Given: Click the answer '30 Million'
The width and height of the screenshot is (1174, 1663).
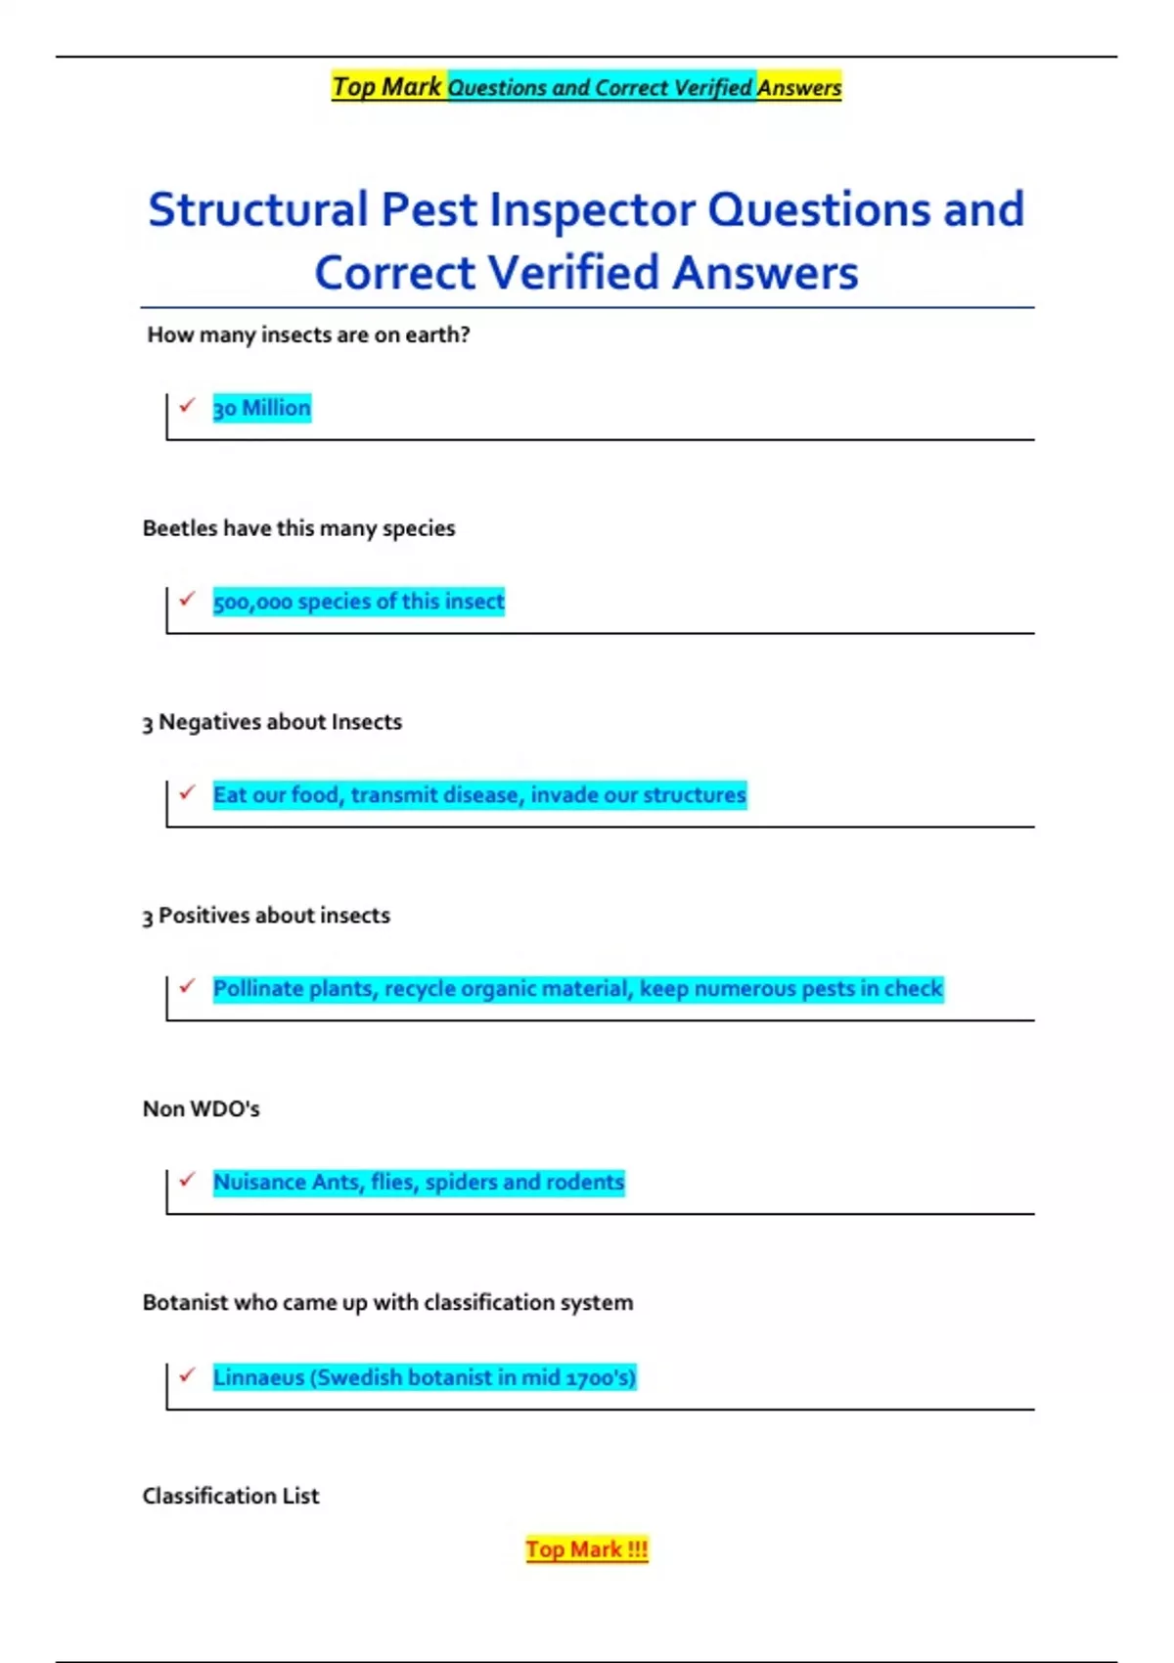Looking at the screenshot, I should (261, 408).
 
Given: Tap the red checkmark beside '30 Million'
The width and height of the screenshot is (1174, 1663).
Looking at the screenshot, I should (187, 404).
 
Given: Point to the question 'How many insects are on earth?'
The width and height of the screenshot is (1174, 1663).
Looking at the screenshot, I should (308, 335).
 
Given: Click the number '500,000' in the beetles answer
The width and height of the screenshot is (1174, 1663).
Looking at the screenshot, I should (252, 602).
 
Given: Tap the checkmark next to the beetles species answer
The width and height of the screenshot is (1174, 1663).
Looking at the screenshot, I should (187, 598).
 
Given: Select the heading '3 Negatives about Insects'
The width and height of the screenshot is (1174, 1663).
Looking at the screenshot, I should (272, 722).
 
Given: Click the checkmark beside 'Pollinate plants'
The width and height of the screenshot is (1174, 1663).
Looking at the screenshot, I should (187, 985).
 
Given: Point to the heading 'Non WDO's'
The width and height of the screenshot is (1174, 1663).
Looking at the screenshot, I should (201, 1108).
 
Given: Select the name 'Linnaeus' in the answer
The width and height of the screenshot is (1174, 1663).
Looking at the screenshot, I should (258, 1377).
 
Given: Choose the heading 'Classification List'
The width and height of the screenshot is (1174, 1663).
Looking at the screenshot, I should (231, 1496).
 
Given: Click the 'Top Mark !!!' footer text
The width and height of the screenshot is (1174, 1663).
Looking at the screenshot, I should (586, 1550).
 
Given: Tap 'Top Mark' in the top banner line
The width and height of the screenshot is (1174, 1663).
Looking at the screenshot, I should (386, 87).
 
